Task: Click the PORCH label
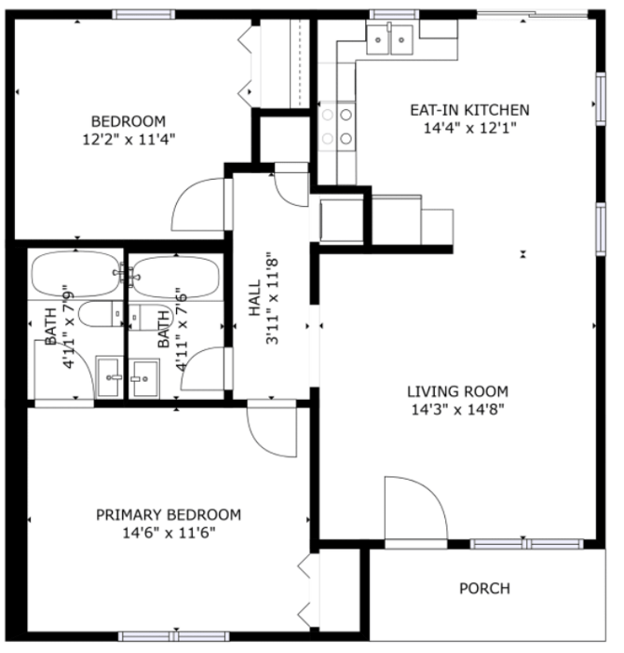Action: (484, 589)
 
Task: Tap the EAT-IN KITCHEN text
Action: (470, 110)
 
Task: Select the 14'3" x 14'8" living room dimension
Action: (457, 410)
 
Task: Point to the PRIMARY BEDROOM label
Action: (169, 515)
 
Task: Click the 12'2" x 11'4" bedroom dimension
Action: (129, 139)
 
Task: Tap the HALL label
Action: (255, 298)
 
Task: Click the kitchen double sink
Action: (389, 39)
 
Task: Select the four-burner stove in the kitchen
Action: (337, 126)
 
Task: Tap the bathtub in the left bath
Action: (75, 274)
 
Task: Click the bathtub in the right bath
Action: (176, 277)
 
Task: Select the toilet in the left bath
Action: (101, 314)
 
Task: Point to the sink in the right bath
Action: (144, 377)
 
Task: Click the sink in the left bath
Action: (110, 376)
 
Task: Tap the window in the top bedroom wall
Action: (143, 14)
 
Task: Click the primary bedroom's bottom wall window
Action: (173, 636)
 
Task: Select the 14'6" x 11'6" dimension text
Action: (169, 533)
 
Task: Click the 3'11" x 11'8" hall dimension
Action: (273, 298)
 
